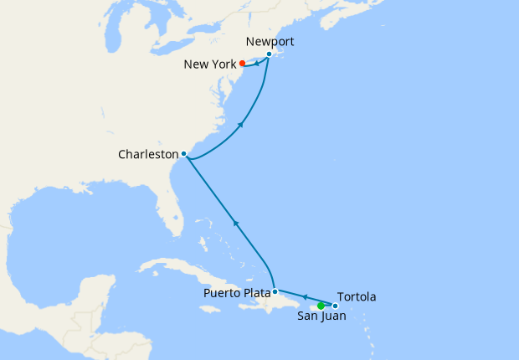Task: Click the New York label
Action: point(211,64)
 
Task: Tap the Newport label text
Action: point(271,41)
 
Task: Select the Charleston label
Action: point(149,154)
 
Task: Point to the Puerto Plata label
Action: point(237,293)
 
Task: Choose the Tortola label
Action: point(357,296)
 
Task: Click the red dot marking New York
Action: point(242,63)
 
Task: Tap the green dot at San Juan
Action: point(321,305)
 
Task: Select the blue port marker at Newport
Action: point(269,54)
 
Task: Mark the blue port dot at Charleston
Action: point(183,153)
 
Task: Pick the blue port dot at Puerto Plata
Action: point(275,292)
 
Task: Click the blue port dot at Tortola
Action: point(335,306)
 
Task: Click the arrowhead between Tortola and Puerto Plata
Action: point(304,296)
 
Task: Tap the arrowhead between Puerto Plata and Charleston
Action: point(235,223)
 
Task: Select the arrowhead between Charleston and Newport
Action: point(242,124)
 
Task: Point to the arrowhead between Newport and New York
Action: point(256,62)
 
